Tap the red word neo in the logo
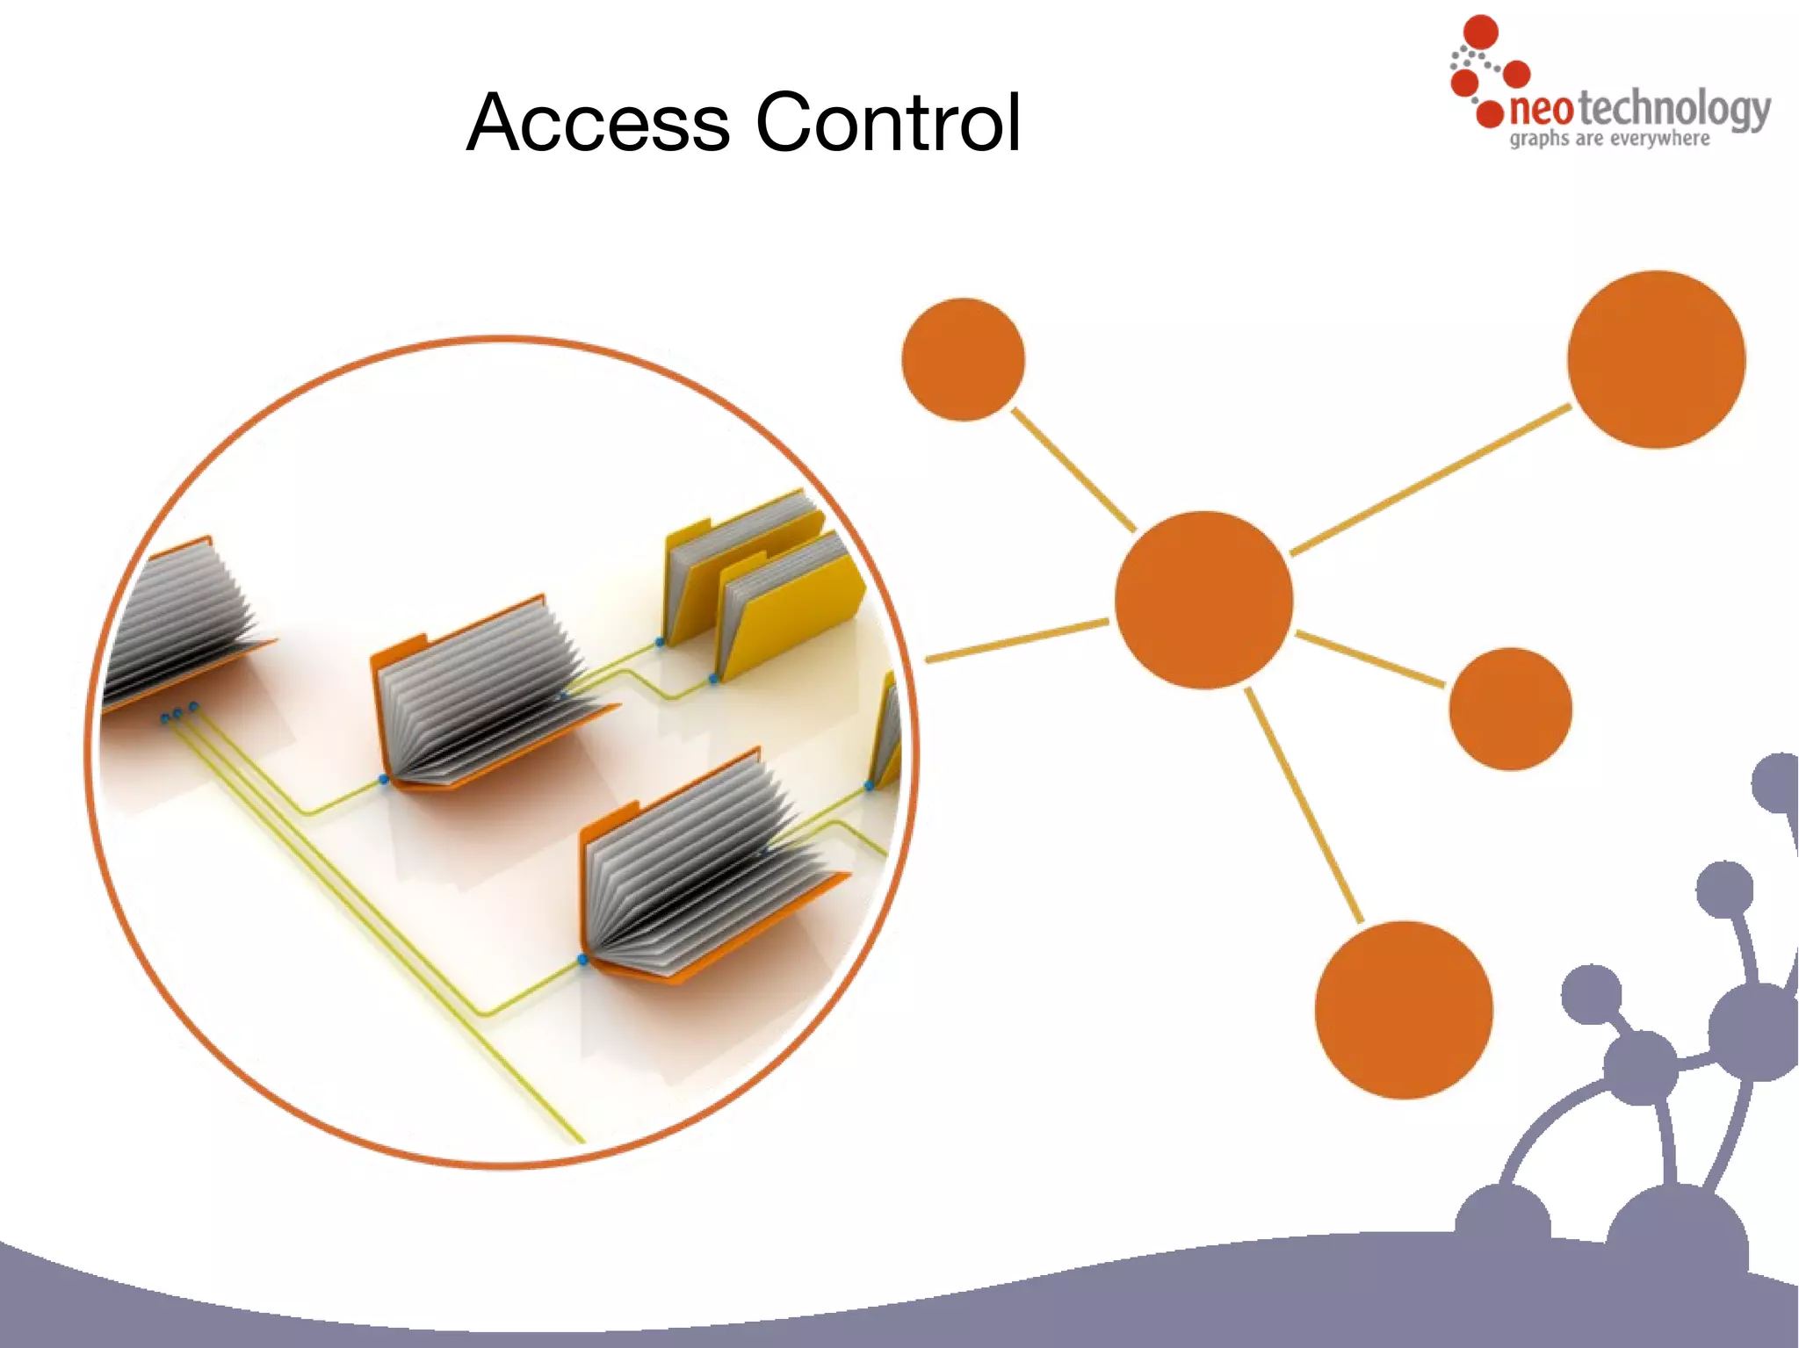(1541, 110)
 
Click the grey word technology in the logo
(1673, 110)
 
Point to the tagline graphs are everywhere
(1609, 139)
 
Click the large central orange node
(1203, 600)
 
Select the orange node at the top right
(1656, 359)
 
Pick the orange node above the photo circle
(963, 359)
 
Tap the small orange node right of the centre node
(1510, 709)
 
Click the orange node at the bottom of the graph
(1403, 1010)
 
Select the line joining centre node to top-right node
(1430, 479)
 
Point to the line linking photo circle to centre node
(1017, 640)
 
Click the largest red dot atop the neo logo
(1481, 32)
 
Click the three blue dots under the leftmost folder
(179, 713)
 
